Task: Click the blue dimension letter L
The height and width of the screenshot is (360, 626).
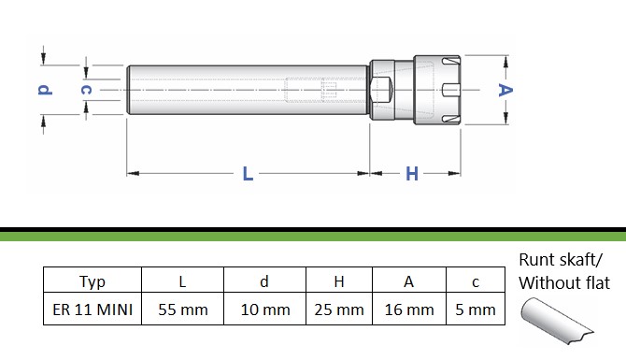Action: (x=248, y=174)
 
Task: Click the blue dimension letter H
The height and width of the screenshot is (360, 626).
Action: (x=412, y=174)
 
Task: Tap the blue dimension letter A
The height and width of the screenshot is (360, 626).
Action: (x=505, y=90)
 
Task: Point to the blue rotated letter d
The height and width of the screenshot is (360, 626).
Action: (x=45, y=90)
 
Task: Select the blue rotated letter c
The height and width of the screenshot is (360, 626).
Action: (x=86, y=90)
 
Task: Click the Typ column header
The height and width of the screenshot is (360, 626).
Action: (x=92, y=281)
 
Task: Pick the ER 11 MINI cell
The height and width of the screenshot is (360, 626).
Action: (x=92, y=310)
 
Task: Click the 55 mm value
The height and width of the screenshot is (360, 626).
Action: (x=183, y=310)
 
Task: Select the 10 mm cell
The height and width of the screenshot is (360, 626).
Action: (x=265, y=310)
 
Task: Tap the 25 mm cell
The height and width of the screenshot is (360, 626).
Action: (x=339, y=310)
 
